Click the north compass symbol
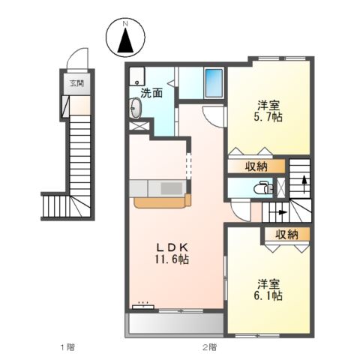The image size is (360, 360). click(x=124, y=39)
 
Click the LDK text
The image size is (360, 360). click(x=172, y=247)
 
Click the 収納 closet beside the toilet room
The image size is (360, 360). click(x=256, y=166)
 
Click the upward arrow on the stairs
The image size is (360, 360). click(x=303, y=180)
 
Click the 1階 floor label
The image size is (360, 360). click(x=67, y=347)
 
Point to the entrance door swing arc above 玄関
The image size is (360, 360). click(x=75, y=63)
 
